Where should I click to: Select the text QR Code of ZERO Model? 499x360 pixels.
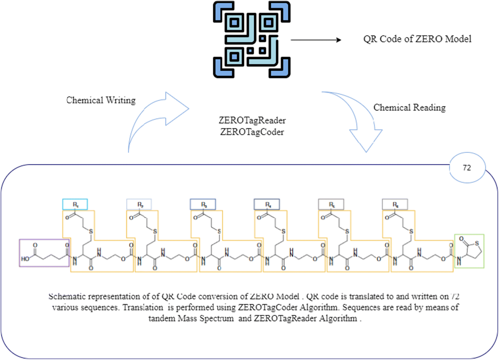pos(417,40)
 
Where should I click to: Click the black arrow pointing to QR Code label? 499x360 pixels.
pos(315,40)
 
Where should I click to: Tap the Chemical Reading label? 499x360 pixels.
pos(409,107)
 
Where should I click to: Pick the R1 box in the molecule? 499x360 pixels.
pos(75,204)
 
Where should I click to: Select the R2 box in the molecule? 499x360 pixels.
pos(139,204)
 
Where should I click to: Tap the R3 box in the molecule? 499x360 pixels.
pos(203,204)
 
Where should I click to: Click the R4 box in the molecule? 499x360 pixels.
pos(267,204)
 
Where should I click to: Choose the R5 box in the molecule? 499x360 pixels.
pos(331,204)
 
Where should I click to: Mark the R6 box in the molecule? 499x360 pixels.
pos(395,204)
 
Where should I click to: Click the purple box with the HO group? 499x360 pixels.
pos(43,252)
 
